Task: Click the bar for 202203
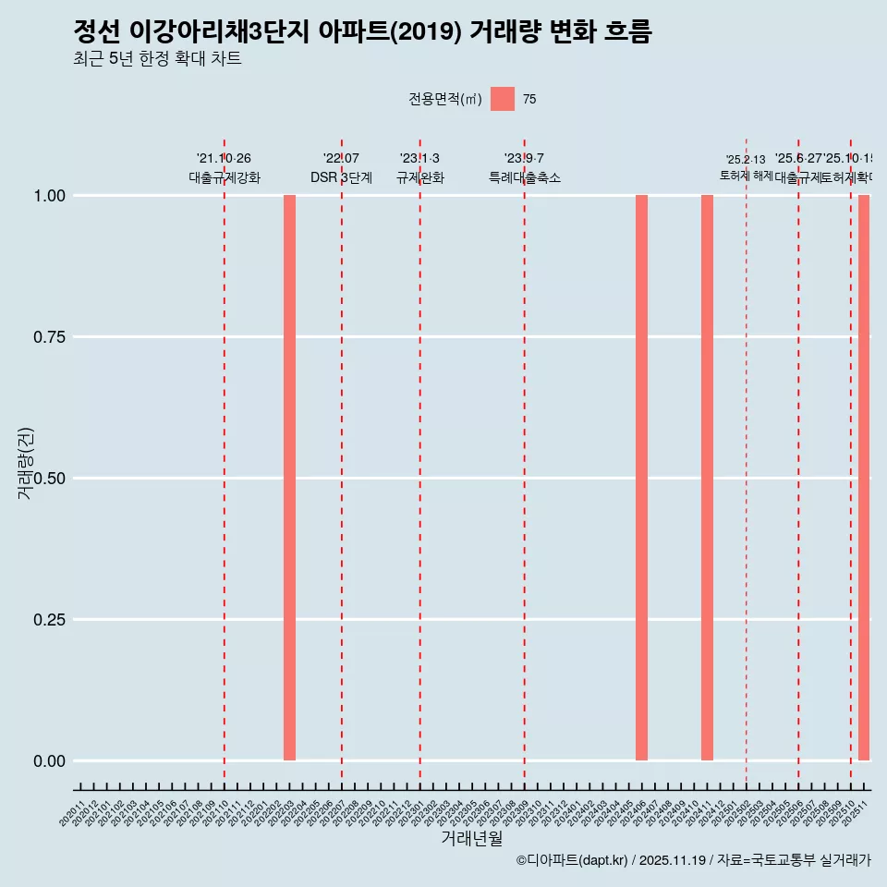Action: (x=289, y=478)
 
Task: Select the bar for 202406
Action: (x=641, y=478)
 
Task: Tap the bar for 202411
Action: (x=707, y=478)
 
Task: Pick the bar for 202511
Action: (x=864, y=478)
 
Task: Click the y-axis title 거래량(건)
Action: (x=25, y=462)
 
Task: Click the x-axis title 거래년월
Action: (x=471, y=838)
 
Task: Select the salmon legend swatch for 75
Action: (x=503, y=99)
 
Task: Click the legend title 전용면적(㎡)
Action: (x=445, y=100)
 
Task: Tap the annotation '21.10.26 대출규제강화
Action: (x=225, y=168)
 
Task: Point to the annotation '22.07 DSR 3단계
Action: (x=341, y=168)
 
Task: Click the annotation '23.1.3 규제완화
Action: (x=420, y=168)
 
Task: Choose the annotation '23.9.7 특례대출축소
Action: (x=524, y=168)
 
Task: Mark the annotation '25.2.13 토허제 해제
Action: (x=746, y=167)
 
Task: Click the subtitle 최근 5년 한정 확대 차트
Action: (x=157, y=59)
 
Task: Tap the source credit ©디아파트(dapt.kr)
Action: (x=572, y=861)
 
